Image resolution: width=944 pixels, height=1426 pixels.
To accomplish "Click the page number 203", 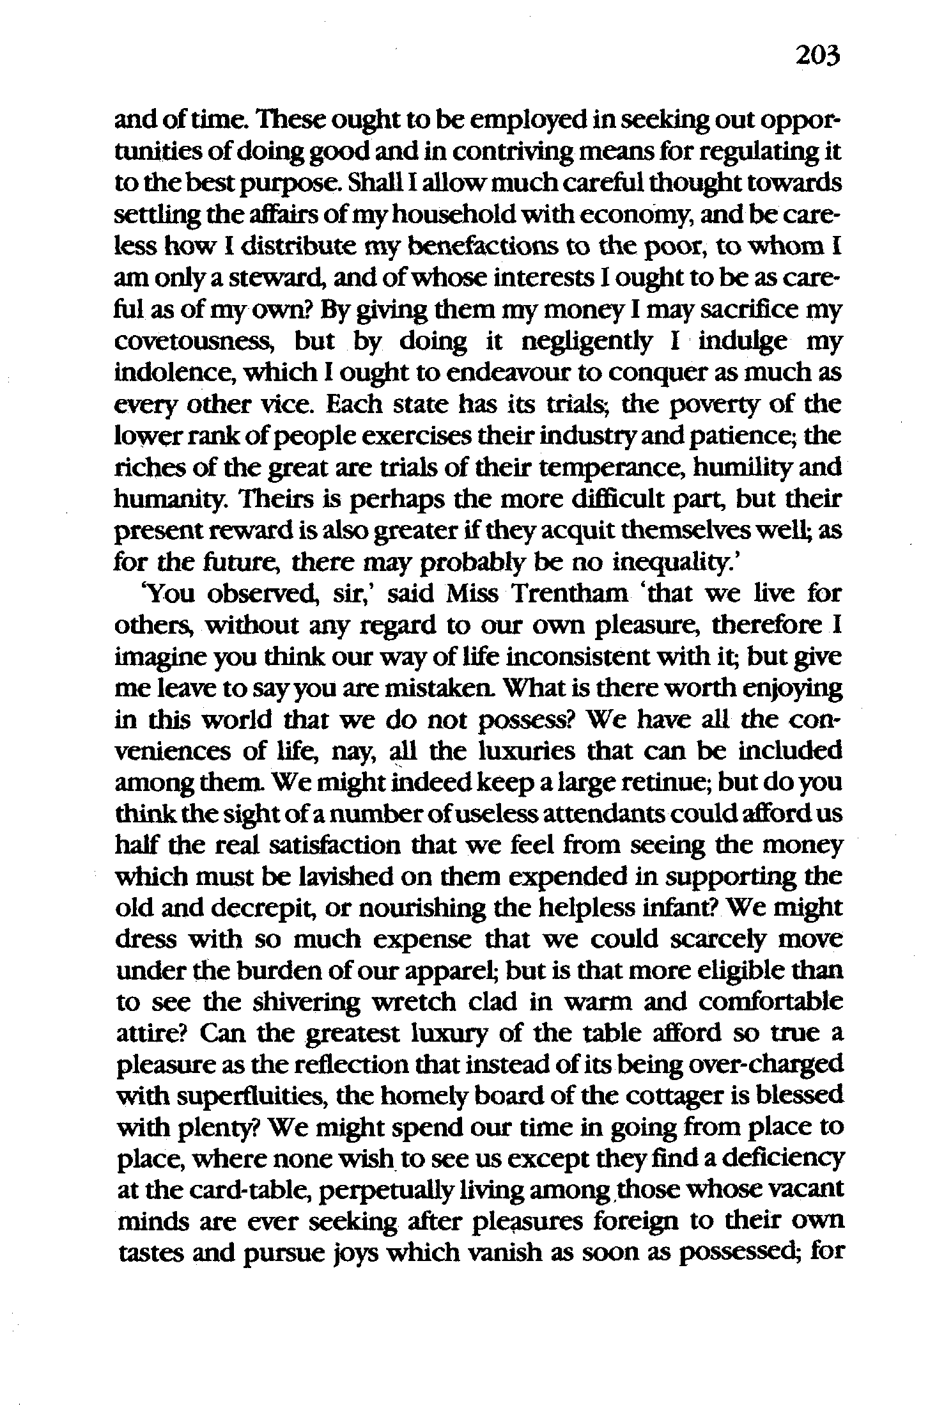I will pyautogui.click(x=816, y=57).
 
